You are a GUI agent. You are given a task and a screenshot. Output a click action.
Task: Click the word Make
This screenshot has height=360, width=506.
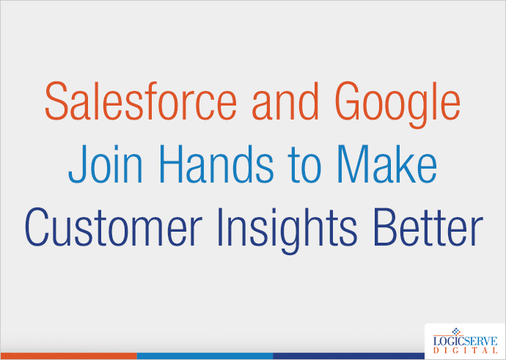point(389,166)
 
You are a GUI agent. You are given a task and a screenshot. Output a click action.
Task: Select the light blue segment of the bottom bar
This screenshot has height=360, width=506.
point(205,356)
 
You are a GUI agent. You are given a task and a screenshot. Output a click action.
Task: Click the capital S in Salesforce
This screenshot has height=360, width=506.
point(57,103)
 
